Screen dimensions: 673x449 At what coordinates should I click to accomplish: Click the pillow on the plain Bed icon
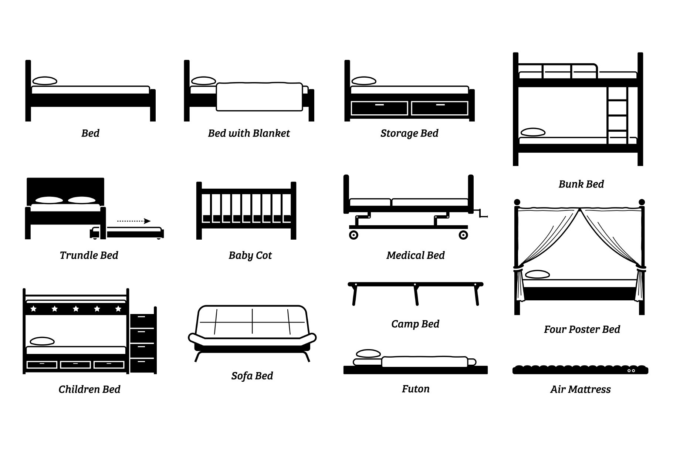pyautogui.click(x=45, y=81)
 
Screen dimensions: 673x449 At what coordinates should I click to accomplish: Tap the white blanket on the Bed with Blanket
pyautogui.click(x=259, y=97)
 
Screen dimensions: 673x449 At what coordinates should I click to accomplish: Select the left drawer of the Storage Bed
pyautogui.click(x=379, y=108)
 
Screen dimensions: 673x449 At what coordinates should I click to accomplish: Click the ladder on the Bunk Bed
pyautogui.click(x=617, y=115)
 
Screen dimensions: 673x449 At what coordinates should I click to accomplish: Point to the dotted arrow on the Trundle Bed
pyautogui.click(x=134, y=221)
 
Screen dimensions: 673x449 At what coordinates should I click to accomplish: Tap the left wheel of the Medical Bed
pyautogui.click(x=354, y=235)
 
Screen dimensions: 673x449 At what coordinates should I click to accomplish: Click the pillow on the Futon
pyautogui.click(x=368, y=354)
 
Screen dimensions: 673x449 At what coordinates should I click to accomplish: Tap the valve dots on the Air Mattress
pyautogui.click(x=632, y=370)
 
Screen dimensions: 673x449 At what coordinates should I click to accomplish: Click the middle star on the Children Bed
pyautogui.click(x=76, y=308)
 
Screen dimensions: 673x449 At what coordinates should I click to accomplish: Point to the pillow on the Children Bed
pyautogui.click(x=42, y=341)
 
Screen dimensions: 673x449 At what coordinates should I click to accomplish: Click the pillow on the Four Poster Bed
pyautogui.click(x=537, y=274)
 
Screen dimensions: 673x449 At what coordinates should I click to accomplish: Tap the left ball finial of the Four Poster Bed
pyautogui.click(x=517, y=202)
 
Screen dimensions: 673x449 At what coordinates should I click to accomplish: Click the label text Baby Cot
pyautogui.click(x=250, y=255)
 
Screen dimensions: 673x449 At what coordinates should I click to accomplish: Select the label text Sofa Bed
pyautogui.click(x=252, y=376)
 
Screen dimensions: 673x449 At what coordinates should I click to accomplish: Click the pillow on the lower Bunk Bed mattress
pyautogui.click(x=533, y=132)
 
